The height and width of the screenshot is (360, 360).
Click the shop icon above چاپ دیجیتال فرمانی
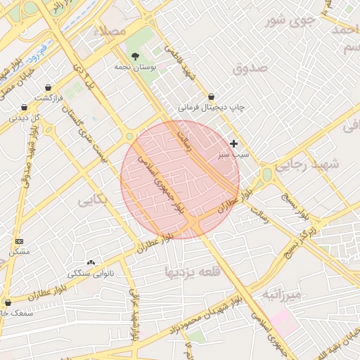pos(212,96)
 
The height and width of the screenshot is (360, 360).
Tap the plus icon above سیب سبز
pos(234,143)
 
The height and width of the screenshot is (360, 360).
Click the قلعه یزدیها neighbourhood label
pos(188,271)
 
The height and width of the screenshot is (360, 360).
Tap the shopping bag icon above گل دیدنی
pos(25,108)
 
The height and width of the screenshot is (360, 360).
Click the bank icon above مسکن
pos(18,241)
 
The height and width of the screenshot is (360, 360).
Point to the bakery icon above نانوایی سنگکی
pos(91,262)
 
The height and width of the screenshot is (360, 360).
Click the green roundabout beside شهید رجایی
pos(267,174)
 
